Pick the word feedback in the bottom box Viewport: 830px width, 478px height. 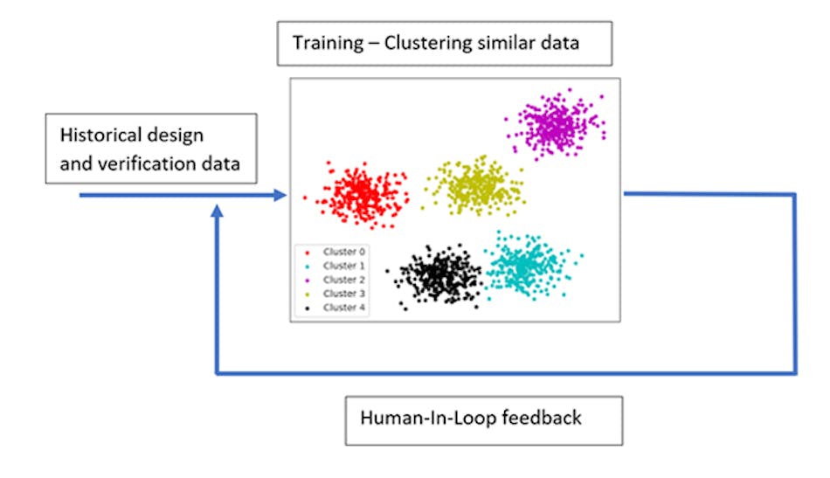point(541,418)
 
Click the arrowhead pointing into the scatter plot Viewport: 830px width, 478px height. point(280,196)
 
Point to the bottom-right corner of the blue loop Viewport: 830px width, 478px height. point(795,373)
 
